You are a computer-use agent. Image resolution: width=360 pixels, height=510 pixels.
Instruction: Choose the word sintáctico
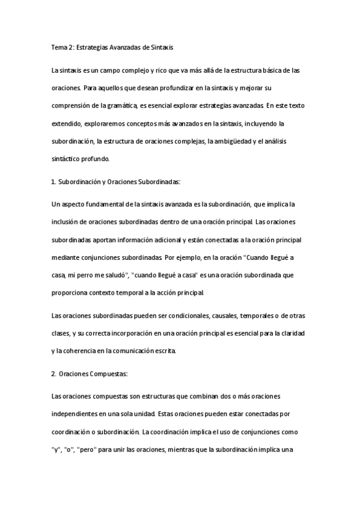[x=67, y=159]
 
